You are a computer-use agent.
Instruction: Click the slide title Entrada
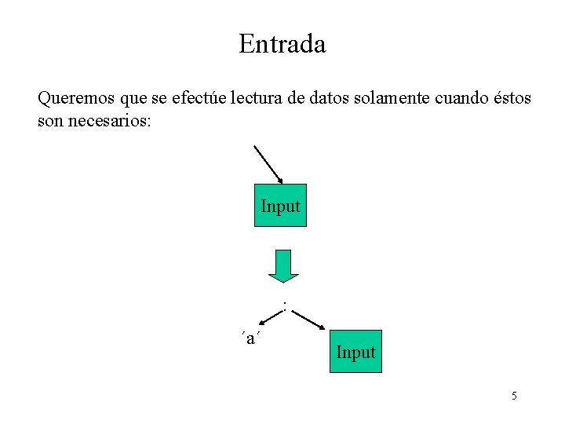pyautogui.click(x=282, y=43)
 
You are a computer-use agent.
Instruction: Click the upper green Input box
pyautogui.click(x=280, y=206)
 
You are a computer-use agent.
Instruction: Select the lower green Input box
pyautogui.click(x=355, y=352)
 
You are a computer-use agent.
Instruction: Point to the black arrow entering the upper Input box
pyautogui.click(x=268, y=164)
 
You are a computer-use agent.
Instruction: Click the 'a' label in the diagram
pyautogui.click(x=250, y=338)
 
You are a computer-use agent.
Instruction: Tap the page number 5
pyautogui.click(x=514, y=396)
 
